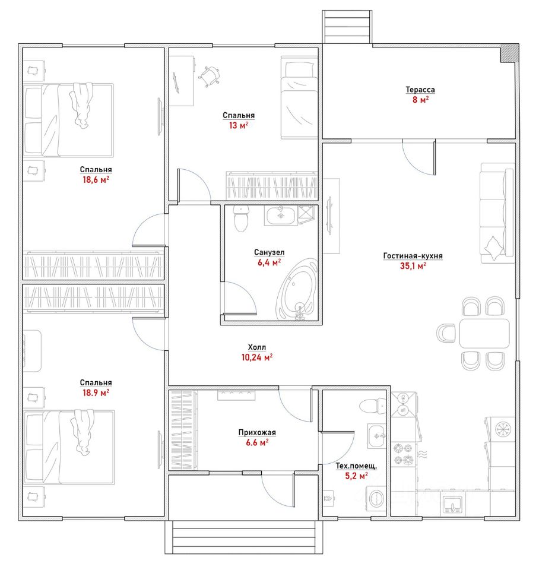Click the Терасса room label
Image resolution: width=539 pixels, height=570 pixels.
click(x=420, y=90)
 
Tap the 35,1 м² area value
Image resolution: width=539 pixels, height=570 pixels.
click(x=413, y=266)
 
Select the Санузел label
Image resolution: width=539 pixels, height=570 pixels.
click(x=269, y=252)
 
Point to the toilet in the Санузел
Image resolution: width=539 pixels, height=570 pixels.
click(x=240, y=218)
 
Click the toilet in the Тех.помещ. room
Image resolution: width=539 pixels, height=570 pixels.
click(x=373, y=406)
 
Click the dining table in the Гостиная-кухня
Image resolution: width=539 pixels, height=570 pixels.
click(x=484, y=333)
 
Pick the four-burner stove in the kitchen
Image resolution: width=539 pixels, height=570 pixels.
click(x=404, y=454)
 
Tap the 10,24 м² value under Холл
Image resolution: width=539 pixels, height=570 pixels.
click(x=257, y=357)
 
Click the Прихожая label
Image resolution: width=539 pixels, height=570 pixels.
click(x=257, y=432)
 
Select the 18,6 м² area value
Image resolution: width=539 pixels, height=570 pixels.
click(x=96, y=179)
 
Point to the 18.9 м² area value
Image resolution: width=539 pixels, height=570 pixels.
click(x=96, y=392)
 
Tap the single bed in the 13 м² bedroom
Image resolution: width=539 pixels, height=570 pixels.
click(x=300, y=97)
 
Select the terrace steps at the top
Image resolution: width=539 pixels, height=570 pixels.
click(x=347, y=27)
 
